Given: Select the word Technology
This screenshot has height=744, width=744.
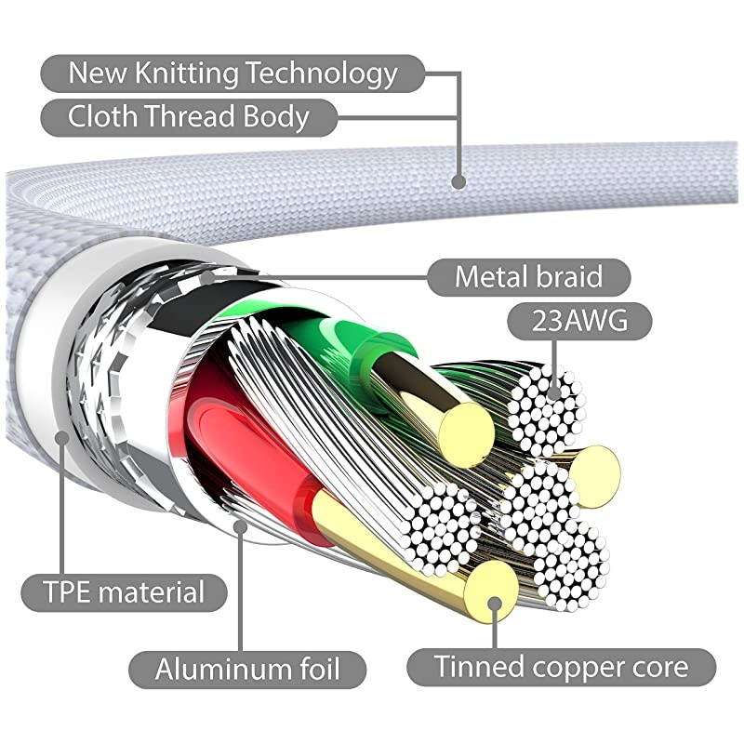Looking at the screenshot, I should [x=325, y=73].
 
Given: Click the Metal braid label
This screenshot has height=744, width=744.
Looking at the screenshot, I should [x=528, y=276].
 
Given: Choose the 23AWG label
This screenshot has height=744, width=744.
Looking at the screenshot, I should [x=578, y=321].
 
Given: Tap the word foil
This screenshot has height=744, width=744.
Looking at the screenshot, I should [x=315, y=668].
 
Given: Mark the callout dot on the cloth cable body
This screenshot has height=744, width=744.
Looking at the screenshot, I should [x=458, y=180].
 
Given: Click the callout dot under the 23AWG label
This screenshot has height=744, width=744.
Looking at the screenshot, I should [x=554, y=392].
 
